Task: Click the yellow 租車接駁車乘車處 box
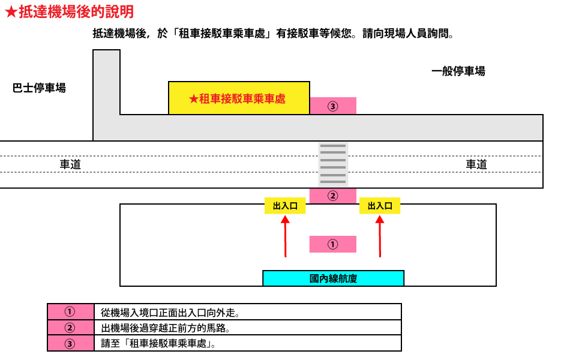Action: click(x=239, y=98)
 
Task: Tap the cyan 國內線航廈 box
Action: click(x=333, y=278)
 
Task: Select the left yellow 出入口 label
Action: click(x=285, y=206)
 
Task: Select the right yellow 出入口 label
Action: click(x=380, y=206)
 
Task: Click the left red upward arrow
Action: click(x=286, y=236)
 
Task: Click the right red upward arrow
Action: click(x=380, y=236)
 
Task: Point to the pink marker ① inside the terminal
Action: click(x=332, y=244)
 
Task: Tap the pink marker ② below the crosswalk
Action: click(x=332, y=196)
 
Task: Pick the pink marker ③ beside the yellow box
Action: click(x=332, y=106)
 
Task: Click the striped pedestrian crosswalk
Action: click(x=333, y=164)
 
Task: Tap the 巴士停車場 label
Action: click(x=39, y=88)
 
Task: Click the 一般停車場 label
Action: click(x=458, y=71)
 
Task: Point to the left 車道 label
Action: click(x=70, y=164)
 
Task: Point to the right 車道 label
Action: click(x=476, y=164)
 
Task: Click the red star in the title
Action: click(x=11, y=12)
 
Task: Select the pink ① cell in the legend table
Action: click(x=71, y=311)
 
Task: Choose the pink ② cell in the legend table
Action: click(x=71, y=328)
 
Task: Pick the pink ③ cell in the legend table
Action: click(x=71, y=343)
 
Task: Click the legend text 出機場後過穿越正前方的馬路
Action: click(x=166, y=328)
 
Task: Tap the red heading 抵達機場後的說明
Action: click(x=76, y=11)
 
